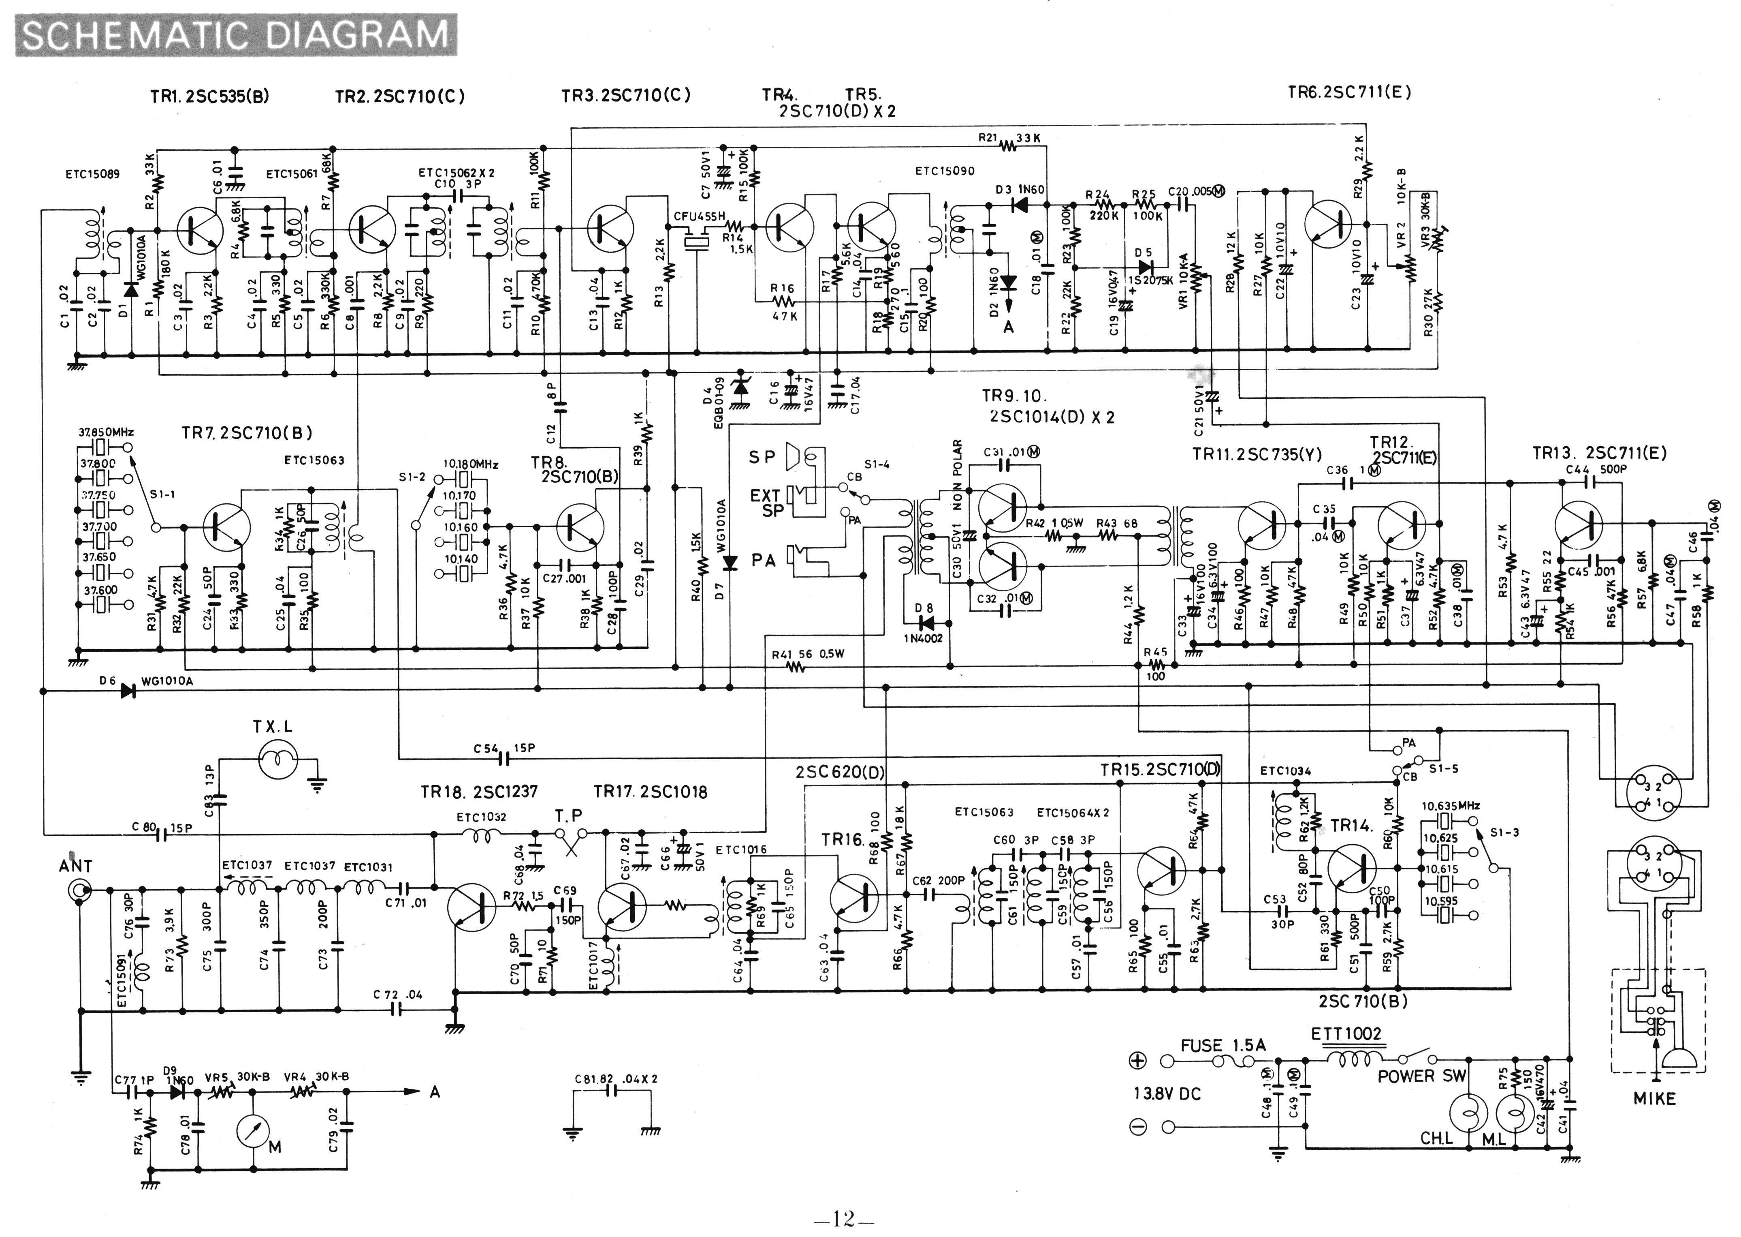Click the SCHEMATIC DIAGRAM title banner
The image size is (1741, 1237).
pos(236,35)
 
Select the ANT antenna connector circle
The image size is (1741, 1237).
pos(79,890)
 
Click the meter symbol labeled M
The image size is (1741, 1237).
pos(254,1133)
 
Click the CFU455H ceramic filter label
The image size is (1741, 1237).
pos(699,216)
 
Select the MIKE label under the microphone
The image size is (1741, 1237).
pos(1654,1098)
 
